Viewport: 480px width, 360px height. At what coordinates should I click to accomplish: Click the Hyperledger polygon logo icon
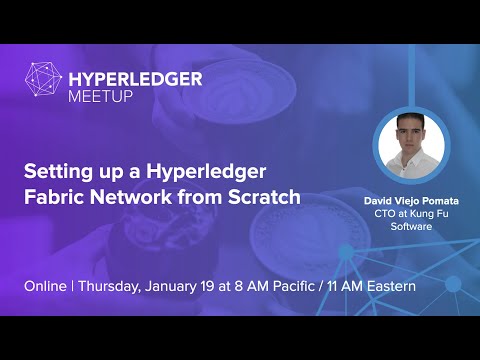(x=43, y=86)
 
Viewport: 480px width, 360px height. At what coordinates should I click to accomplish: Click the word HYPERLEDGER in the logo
(x=135, y=79)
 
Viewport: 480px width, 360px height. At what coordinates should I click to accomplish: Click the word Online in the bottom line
(x=46, y=286)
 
